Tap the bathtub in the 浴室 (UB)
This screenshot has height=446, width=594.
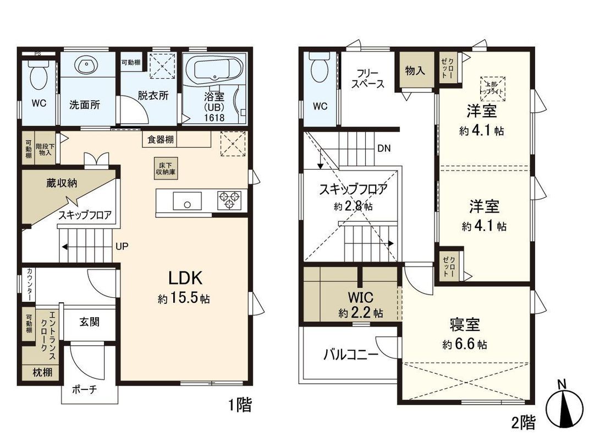click(212, 70)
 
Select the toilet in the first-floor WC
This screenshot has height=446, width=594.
click(38, 76)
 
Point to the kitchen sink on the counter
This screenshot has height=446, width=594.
click(187, 201)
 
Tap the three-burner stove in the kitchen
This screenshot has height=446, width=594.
click(229, 199)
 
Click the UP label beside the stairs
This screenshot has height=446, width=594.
click(122, 246)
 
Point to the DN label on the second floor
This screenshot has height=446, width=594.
click(384, 148)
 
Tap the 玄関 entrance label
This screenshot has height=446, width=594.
click(89, 322)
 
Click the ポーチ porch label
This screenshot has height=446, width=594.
click(84, 389)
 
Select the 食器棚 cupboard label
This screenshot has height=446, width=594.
click(161, 139)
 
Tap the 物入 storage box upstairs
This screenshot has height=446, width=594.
click(415, 70)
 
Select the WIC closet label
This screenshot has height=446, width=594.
click(360, 298)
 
